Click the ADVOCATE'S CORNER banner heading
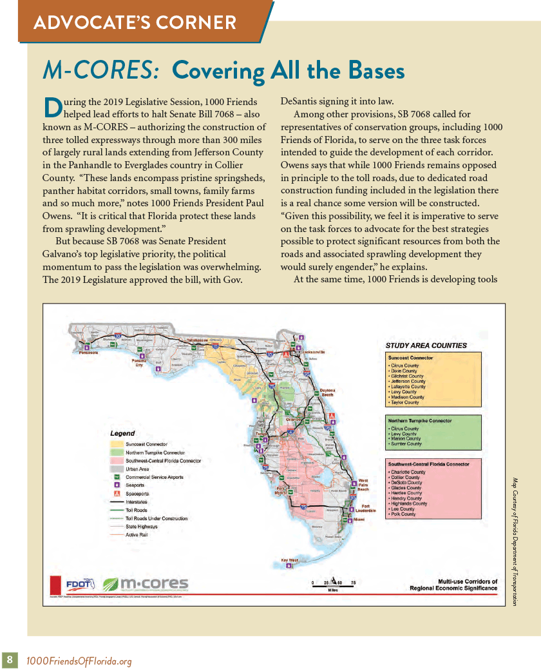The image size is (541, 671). (135, 24)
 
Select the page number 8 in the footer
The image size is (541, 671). (10, 660)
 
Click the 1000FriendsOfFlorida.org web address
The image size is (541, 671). (79, 661)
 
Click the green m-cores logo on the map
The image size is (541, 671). (146, 584)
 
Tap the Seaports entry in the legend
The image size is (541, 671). (136, 485)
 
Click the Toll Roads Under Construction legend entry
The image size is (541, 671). (157, 518)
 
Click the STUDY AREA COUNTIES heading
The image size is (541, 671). (426, 345)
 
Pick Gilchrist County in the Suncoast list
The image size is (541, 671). (408, 376)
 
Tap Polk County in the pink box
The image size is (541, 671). (404, 514)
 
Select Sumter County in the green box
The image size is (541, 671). (406, 444)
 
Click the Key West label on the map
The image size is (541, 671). (290, 560)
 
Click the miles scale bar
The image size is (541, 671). (334, 583)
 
